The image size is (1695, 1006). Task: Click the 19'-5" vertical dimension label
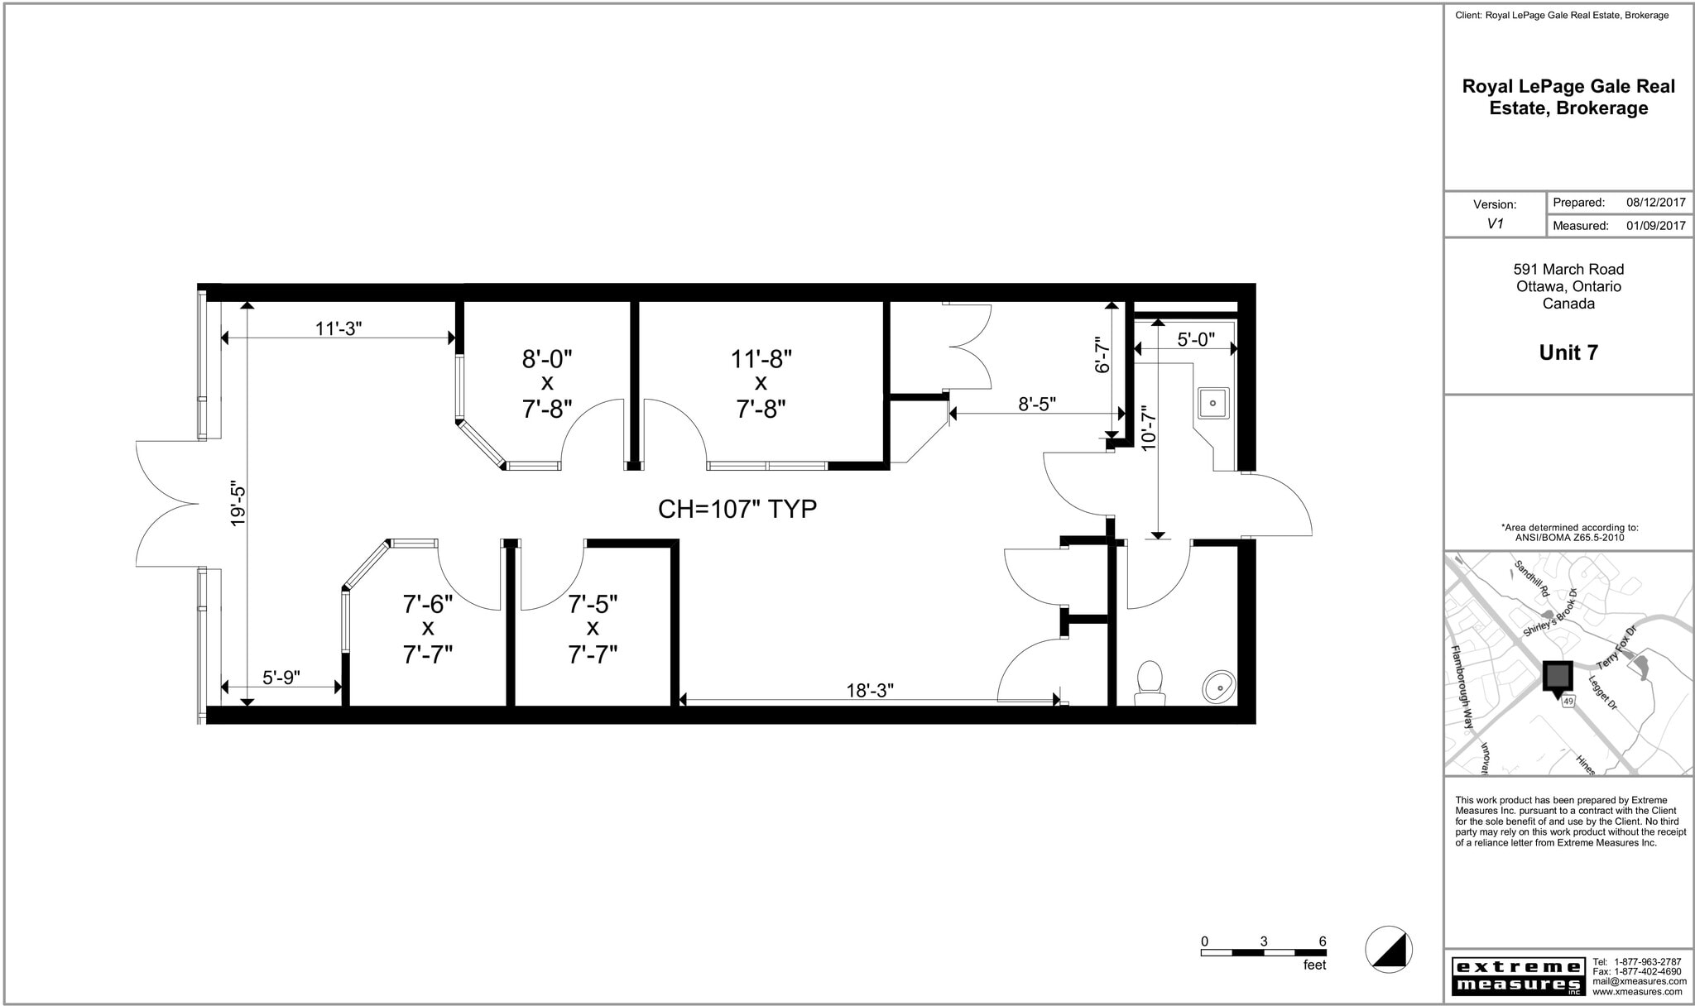[x=238, y=504]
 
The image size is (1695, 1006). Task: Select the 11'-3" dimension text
[x=339, y=328]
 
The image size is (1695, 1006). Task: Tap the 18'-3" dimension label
[x=869, y=691]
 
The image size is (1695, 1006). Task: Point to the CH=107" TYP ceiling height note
[x=737, y=509]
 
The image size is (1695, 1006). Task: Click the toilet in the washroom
[x=1150, y=683]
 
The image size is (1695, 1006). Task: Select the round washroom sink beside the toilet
[x=1218, y=685]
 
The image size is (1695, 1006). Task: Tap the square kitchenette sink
[x=1213, y=404]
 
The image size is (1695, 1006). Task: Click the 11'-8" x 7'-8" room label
[x=761, y=384]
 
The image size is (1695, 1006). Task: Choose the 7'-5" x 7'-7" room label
[x=593, y=630]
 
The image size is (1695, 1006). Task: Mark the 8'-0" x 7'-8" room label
[x=547, y=384]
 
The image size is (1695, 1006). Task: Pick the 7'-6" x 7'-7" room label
[x=428, y=630]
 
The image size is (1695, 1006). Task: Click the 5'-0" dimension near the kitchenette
[x=1195, y=339]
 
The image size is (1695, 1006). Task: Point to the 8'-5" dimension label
[x=1036, y=404]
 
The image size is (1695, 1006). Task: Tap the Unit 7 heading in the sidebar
[x=1568, y=352]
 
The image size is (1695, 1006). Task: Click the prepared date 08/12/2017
[x=1655, y=203]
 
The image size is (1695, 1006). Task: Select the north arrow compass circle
[x=1389, y=949]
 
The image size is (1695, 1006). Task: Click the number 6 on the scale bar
[x=1322, y=941]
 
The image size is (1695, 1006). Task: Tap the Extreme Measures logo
[x=1518, y=976]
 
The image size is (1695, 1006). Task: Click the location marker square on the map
[x=1557, y=676]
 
